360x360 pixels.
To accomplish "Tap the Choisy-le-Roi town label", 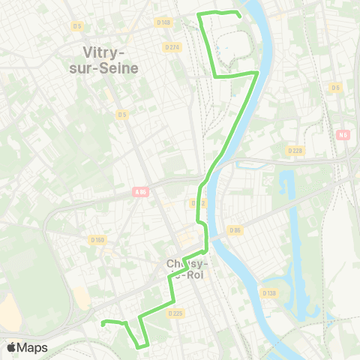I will (x=189, y=268).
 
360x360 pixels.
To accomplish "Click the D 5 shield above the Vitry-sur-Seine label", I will (x=77, y=25).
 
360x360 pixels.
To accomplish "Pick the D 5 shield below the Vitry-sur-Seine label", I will (x=122, y=114).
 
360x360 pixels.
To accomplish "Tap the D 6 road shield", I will (x=336, y=88).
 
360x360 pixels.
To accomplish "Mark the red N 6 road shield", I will (x=343, y=135).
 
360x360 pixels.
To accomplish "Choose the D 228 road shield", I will (x=296, y=150).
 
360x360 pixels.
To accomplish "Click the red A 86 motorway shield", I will (x=139, y=190).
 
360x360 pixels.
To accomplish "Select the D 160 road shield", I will (x=97, y=240).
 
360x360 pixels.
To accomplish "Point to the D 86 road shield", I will (x=235, y=229).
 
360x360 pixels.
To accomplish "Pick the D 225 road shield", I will (x=175, y=313).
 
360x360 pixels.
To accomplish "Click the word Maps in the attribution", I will (x=32, y=347).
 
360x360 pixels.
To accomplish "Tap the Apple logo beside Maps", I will (x=11, y=346).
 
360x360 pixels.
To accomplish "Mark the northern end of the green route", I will (x=239, y=16).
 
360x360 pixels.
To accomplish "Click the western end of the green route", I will (x=102, y=324).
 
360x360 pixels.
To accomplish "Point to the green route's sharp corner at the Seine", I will (x=258, y=72).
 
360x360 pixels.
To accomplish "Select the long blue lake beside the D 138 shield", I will (x=296, y=240).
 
